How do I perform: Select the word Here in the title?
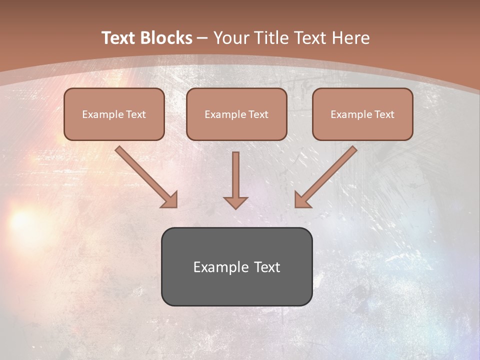coord(351,38)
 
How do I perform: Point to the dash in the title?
coord(202,38)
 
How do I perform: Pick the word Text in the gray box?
coord(267,267)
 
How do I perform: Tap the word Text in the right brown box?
coord(384,114)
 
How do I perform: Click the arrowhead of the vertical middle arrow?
coord(235,202)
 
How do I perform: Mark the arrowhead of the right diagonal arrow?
coord(301,200)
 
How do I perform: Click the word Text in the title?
coord(119,38)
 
